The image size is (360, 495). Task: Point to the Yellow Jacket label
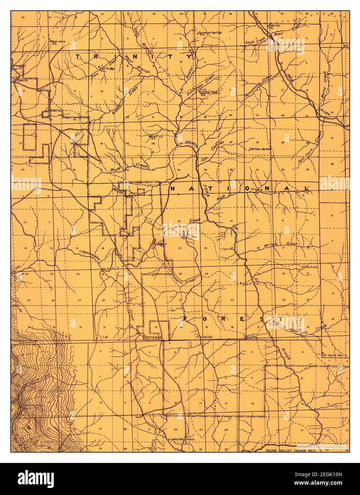(x=261, y=149)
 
